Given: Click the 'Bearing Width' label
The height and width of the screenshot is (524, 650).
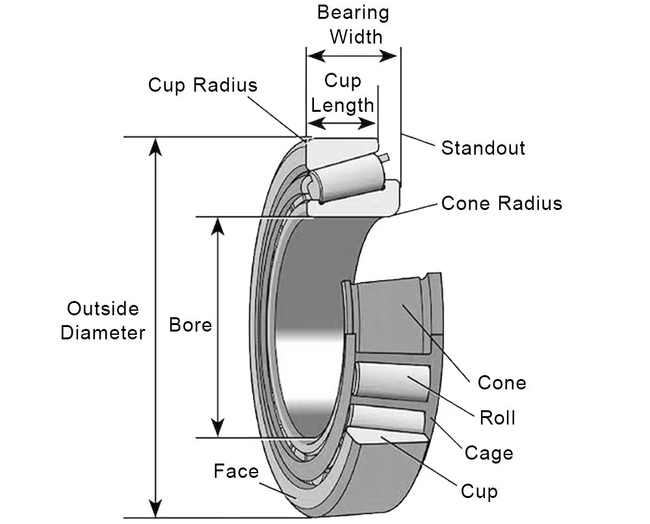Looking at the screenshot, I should point(353,24).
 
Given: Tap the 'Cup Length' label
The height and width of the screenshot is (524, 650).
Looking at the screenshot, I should point(343,92).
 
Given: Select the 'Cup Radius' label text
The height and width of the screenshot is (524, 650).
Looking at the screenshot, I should point(202,85).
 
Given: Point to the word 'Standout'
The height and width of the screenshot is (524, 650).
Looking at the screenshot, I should point(483,148).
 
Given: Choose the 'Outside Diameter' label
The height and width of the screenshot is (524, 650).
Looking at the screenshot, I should point(103,321).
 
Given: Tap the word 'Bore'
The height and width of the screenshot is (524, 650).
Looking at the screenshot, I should point(190,324).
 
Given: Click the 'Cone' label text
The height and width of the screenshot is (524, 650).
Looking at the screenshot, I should point(502,382).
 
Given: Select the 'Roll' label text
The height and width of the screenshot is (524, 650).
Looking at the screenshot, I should point(497,417).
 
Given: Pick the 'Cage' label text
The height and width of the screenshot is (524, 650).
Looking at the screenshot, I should point(489,452).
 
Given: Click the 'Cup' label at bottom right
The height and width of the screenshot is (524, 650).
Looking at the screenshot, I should point(479,491).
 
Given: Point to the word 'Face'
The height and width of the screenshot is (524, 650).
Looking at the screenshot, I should point(236,471).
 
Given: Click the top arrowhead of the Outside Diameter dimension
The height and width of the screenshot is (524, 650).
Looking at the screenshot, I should point(155,146).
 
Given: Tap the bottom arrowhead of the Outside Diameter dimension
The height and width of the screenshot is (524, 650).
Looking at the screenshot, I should point(155,508).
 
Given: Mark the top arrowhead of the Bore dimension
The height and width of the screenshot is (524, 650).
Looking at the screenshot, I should point(218,225).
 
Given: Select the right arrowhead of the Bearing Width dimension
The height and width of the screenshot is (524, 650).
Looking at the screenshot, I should point(391,56).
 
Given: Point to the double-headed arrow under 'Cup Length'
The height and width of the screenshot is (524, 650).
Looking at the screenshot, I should point(343,124).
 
